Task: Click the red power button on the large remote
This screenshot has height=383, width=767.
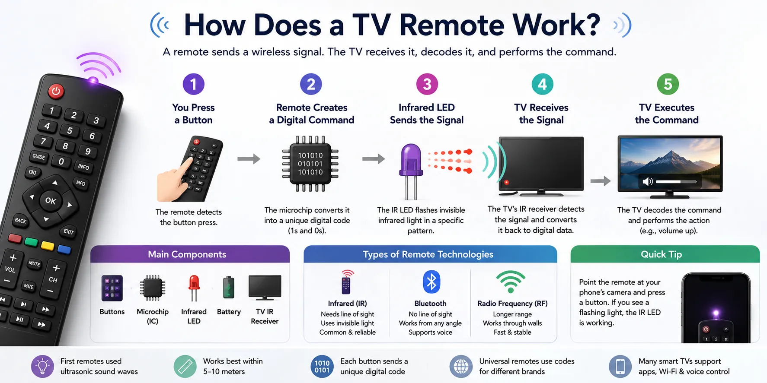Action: (56, 91)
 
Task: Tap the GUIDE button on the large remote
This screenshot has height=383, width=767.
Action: (39, 157)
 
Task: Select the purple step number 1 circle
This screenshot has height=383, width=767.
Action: (193, 84)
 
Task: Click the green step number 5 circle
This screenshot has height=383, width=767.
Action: (668, 84)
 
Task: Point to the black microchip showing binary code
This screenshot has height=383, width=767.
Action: (310, 164)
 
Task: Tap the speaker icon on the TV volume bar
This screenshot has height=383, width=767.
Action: (648, 181)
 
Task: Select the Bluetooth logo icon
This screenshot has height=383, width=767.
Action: (431, 282)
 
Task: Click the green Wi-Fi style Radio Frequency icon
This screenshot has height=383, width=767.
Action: (511, 282)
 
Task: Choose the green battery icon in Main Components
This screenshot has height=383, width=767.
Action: (228, 288)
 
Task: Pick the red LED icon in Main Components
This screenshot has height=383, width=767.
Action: (194, 288)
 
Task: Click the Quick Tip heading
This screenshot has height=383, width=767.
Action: (661, 254)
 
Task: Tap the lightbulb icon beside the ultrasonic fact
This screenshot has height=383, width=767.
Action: (42, 367)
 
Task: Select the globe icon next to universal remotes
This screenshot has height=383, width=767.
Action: (461, 367)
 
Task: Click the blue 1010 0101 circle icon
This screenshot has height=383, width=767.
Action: (322, 367)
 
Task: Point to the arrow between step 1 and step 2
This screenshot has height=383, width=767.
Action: (249, 159)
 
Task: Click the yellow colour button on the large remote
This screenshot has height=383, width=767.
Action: (48, 246)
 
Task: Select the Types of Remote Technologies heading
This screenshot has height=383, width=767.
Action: (428, 254)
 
